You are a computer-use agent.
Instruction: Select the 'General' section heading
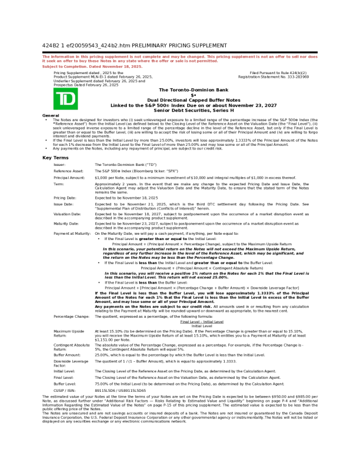pos(51,115)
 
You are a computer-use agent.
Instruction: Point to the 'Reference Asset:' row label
pos(68,170)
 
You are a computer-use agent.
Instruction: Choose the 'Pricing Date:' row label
pos(65,198)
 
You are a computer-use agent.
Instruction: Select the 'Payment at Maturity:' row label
pos(72,233)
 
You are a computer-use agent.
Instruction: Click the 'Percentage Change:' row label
pos(71,316)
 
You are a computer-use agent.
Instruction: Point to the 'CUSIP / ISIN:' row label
pos(66,389)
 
